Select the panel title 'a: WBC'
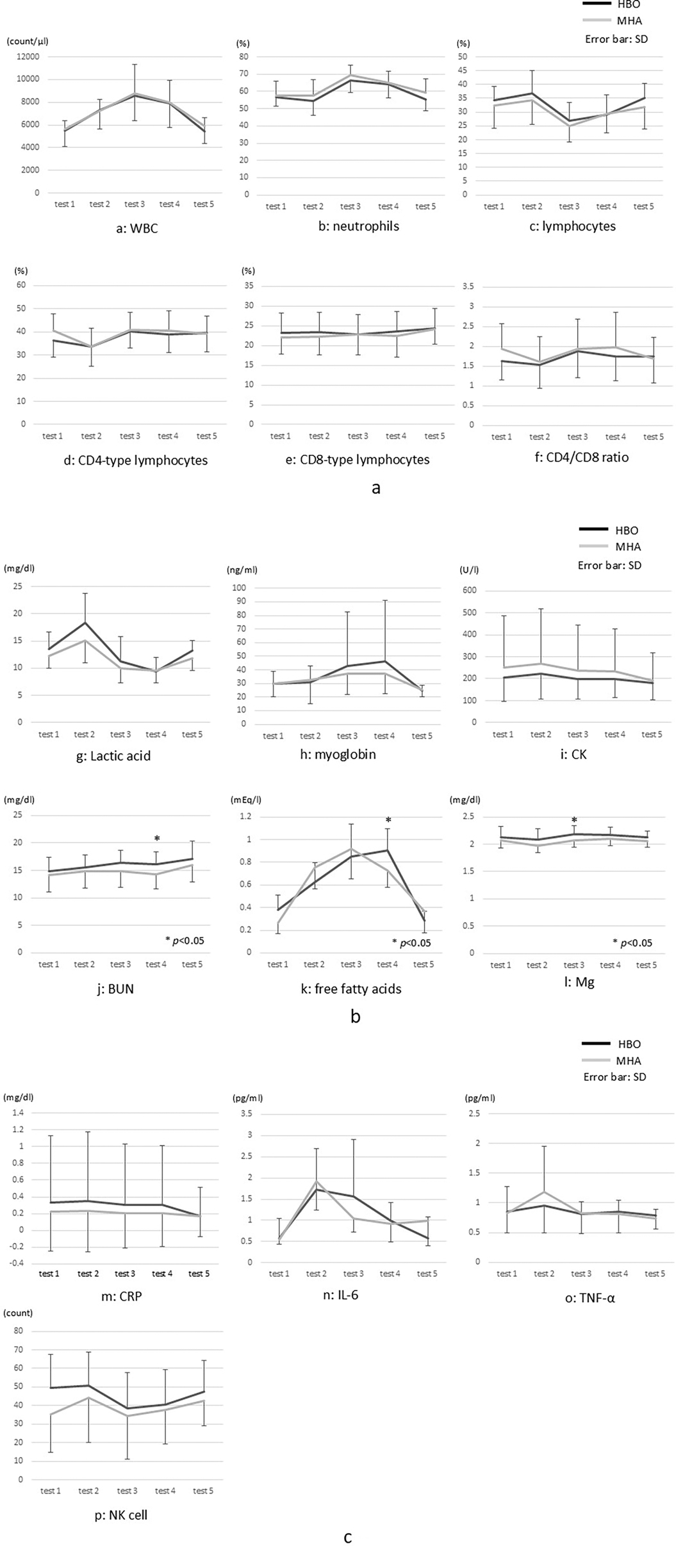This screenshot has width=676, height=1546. click(x=136, y=228)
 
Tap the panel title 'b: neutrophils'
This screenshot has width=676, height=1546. click(x=358, y=226)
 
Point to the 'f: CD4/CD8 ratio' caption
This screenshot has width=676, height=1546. click(x=584, y=457)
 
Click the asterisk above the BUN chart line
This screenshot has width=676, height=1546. click(x=157, y=839)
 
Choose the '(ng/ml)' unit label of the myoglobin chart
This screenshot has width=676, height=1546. click(x=242, y=570)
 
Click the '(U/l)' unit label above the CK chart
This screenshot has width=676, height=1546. click(x=470, y=570)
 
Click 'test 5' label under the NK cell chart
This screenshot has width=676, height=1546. click(x=203, y=1491)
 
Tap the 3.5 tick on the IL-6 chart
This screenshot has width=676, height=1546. click(x=245, y=1114)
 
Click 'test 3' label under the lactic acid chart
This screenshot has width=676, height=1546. click(x=120, y=734)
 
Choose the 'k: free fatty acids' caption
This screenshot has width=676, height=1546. click(x=351, y=989)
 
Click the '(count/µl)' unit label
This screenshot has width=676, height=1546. click(x=28, y=41)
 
